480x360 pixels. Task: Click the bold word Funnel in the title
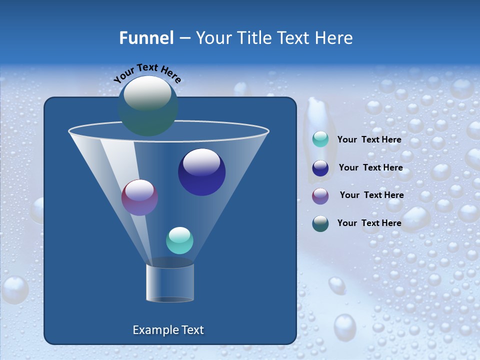pos(146,38)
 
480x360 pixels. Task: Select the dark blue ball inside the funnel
pos(201,172)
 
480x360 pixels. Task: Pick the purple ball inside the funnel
pos(139,197)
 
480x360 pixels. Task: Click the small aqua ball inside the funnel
pos(179,240)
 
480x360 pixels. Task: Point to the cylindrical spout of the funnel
pos(170,282)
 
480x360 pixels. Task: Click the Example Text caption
pos(168,330)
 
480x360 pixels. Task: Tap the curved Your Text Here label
pos(147,73)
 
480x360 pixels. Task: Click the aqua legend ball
pos(320,139)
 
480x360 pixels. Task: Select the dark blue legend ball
pos(320,168)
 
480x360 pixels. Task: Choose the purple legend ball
pos(320,195)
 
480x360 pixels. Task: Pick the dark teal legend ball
pos(320,223)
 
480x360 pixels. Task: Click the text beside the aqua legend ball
pos(369,140)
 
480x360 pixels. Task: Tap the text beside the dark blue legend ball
pos(370,168)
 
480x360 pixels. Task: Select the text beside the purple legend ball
pos(371,195)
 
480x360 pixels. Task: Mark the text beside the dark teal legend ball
pos(369,223)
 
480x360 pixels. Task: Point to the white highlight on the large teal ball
pos(147,92)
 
